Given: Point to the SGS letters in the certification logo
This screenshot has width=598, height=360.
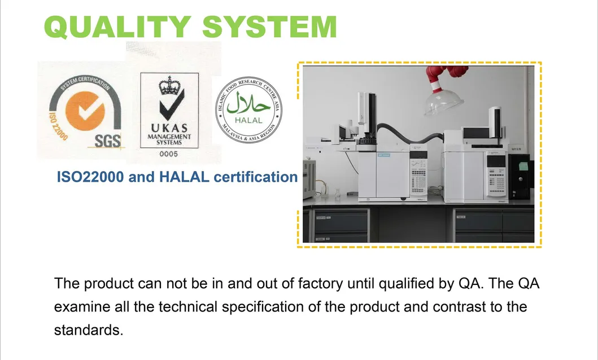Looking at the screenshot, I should pos(107,141).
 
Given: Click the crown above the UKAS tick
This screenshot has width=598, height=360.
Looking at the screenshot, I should pos(168,86).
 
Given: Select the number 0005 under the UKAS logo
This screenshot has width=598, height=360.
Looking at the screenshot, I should pos(169,153).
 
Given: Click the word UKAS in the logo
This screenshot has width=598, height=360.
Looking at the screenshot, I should pos(169,128).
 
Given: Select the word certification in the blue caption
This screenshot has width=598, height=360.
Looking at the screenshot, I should pos(255,177).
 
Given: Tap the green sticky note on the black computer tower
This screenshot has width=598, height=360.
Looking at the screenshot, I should pos(523,166).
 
